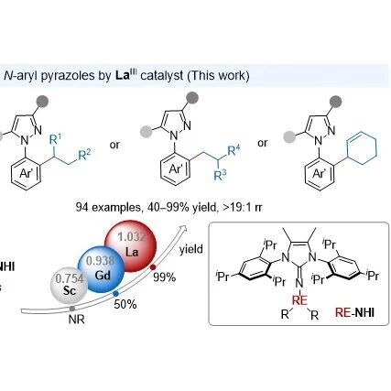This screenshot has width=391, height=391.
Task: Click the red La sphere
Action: coord(130,246)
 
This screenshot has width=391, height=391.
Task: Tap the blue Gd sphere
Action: coord(102,269)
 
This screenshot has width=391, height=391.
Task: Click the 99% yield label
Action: coord(164,277)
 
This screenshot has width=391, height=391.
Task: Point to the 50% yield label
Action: coord(125,304)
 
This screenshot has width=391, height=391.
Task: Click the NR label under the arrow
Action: coord(76,320)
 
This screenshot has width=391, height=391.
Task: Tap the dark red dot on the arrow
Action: coord(153,267)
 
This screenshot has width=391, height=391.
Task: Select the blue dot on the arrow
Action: coord(115,294)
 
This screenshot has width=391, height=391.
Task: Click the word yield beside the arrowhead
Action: coord(191,249)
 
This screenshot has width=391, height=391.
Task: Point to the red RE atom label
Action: coord(299,300)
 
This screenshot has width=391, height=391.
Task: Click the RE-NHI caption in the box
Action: coord(354,312)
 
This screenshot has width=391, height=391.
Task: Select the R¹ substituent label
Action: coord(55,139)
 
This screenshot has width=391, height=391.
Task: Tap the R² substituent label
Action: coord(84,155)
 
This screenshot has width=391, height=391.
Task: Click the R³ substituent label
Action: coord(221,176)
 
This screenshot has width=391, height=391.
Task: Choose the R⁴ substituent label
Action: coord(234,150)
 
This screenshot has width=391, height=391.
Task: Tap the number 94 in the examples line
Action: coord(82,208)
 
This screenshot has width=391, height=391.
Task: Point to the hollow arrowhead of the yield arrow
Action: coord(183,229)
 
